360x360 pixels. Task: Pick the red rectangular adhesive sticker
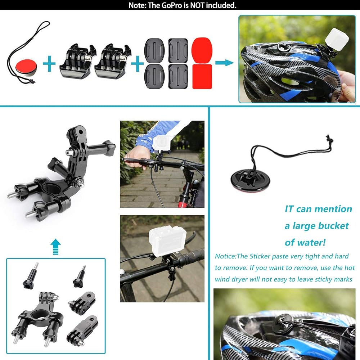click(x=202, y=76)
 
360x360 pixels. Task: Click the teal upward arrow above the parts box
click(x=55, y=247)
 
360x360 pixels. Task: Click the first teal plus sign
click(x=49, y=63)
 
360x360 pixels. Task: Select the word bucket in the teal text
click(x=332, y=226)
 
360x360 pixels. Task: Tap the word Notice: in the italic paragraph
click(x=225, y=256)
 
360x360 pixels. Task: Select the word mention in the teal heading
click(x=333, y=209)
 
